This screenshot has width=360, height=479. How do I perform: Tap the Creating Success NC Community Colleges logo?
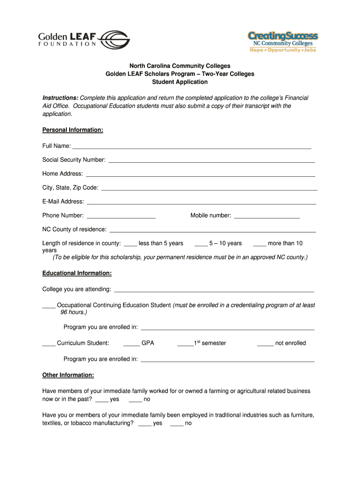pos(282,42)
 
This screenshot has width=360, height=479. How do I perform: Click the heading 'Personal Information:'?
pos(72,130)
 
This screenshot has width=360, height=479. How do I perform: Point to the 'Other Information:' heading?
pos(68,375)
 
